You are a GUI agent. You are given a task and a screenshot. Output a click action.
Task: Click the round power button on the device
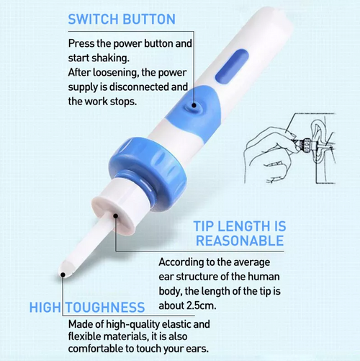192,106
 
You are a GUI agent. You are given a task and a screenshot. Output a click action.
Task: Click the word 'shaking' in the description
116,58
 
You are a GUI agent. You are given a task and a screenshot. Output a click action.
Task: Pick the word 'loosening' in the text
117,73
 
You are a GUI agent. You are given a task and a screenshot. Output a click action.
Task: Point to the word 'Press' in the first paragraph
82,43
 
